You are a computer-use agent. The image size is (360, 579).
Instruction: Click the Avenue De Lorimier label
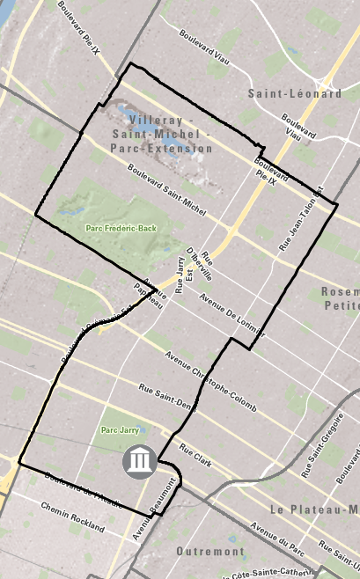(x=232, y=315)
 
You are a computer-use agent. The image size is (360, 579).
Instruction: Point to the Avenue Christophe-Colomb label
(x=209, y=372)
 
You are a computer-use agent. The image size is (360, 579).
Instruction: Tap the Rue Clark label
(x=196, y=456)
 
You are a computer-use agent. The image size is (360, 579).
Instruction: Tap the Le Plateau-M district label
(x=313, y=509)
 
